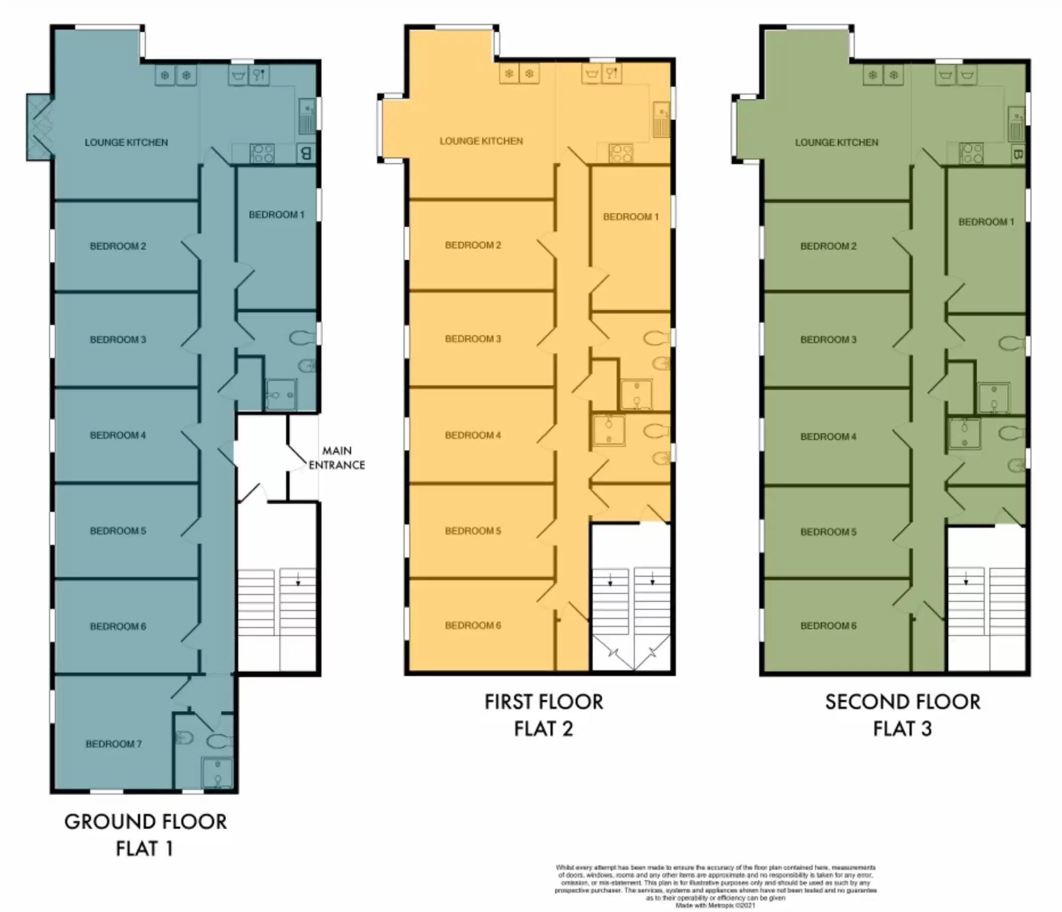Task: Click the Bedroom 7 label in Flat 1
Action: point(113,744)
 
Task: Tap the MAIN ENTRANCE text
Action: point(337,458)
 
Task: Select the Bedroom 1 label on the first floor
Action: point(631,217)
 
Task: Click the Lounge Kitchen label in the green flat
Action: point(837,143)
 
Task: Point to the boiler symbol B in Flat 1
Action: point(306,153)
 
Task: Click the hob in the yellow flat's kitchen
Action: point(621,153)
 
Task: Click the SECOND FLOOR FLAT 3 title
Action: point(902,715)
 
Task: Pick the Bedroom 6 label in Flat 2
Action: point(473,625)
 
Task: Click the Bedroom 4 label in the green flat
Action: point(829,437)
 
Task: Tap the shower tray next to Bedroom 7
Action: point(217,772)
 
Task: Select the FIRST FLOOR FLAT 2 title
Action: point(544,715)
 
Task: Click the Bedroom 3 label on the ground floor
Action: point(118,339)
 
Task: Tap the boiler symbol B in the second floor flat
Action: point(1018,154)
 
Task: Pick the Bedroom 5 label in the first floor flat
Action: point(473,531)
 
